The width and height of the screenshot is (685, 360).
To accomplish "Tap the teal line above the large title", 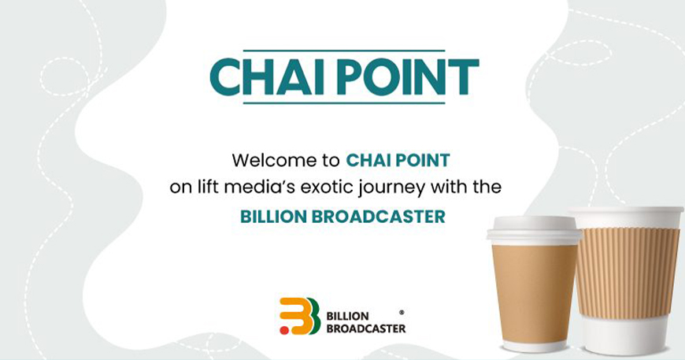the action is click(x=344, y=50).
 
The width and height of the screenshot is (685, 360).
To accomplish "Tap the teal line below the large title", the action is click(x=344, y=103).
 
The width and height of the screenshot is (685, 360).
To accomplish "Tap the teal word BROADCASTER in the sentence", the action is click(x=378, y=217).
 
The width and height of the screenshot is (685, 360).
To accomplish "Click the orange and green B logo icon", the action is click(x=300, y=316).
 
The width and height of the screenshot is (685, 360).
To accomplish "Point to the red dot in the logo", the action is click(x=284, y=330).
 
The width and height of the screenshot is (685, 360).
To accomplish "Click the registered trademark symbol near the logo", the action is click(x=402, y=313).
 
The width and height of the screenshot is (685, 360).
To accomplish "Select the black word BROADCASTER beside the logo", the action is click(x=366, y=328).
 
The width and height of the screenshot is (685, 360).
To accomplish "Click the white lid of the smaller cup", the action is click(x=533, y=230).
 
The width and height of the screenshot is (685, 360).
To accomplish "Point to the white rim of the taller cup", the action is click(x=627, y=212).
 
